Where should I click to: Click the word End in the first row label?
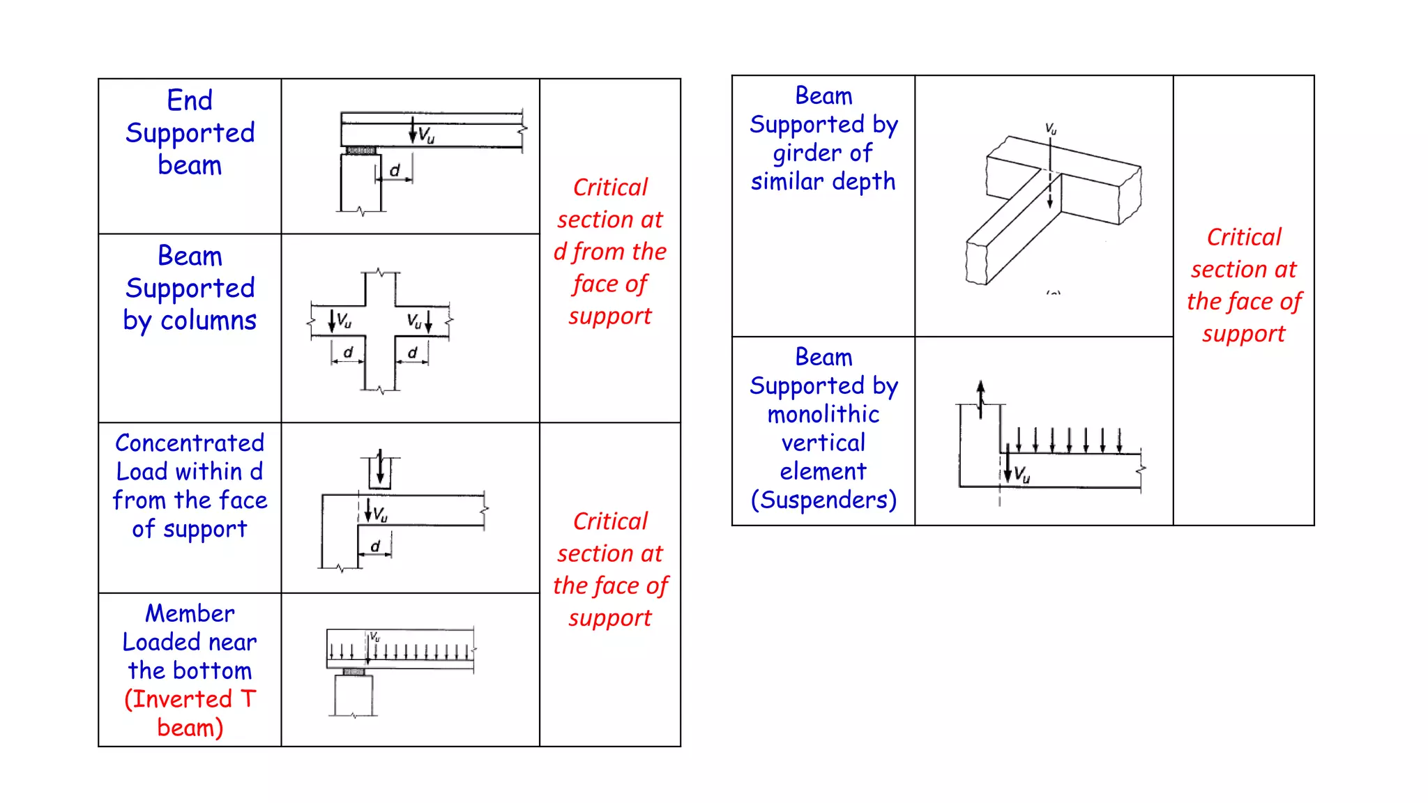tap(190, 100)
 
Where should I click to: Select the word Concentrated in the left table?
tap(190, 443)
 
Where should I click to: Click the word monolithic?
tap(823, 415)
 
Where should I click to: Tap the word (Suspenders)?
tap(823, 500)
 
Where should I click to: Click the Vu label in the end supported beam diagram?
tap(426, 135)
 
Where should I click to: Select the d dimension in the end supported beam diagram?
tap(395, 171)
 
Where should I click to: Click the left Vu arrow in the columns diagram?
tap(333, 321)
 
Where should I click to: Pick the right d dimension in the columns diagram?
tap(412, 353)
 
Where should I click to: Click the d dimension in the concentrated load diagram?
tap(375, 546)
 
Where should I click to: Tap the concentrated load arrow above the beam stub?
tap(380, 467)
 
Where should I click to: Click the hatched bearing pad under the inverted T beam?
tap(354, 672)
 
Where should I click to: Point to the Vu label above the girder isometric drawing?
tap(1051, 129)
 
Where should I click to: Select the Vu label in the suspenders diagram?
tap(1022, 475)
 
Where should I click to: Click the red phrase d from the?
tap(610, 252)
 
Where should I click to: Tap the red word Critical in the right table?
tap(1244, 238)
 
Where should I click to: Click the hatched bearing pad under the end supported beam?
tap(361, 151)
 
